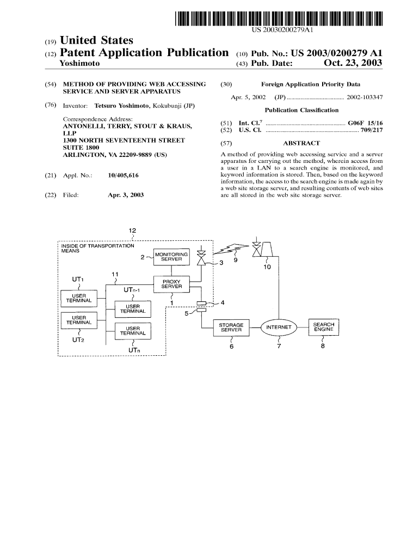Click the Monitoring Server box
click(x=171, y=257)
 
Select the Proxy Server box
click(x=171, y=284)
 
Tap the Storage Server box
click(x=231, y=327)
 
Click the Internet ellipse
click(x=279, y=327)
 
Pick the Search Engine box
click(x=323, y=327)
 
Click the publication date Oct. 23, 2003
click(x=353, y=64)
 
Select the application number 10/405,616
click(x=124, y=175)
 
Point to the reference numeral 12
click(x=132, y=231)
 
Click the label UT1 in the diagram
click(x=78, y=280)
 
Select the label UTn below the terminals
click(x=132, y=349)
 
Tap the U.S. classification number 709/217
click(x=372, y=131)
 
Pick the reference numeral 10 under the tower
click(x=267, y=267)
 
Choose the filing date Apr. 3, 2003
click(x=126, y=195)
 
